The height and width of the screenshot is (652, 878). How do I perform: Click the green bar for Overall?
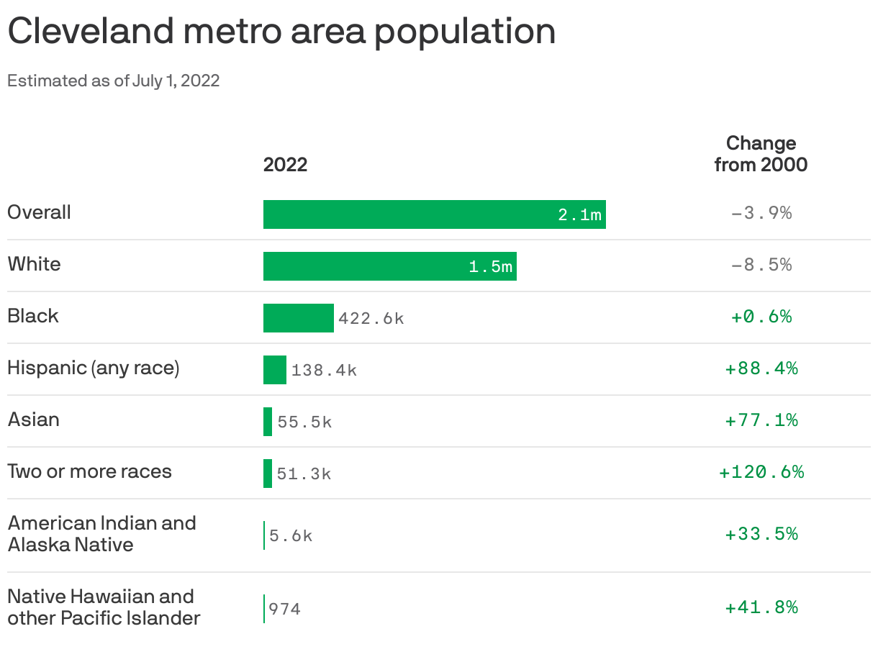click(410, 214)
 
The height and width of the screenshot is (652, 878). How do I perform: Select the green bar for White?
click(367, 266)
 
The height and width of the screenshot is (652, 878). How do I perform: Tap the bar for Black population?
click(298, 318)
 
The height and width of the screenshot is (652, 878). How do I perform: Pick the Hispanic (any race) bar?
click(274, 370)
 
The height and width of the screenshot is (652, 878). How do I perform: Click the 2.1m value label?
click(579, 214)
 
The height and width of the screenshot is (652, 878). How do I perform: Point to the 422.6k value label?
click(371, 318)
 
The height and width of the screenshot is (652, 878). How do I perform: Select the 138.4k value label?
click(324, 370)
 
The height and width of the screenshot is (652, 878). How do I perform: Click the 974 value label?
click(284, 609)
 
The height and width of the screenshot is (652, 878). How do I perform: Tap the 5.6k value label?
click(291, 535)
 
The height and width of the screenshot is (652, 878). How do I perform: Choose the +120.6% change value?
click(761, 472)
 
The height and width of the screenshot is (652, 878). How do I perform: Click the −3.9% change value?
click(761, 213)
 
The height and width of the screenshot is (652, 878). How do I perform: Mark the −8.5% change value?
click(761, 265)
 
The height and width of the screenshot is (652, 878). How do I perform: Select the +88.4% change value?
click(761, 368)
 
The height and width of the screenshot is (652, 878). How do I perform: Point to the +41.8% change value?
click(761, 607)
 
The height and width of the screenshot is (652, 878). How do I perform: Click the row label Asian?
click(34, 420)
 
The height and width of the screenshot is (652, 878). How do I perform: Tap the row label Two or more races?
click(90, 471)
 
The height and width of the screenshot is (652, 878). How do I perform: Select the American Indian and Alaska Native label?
click(101, 533)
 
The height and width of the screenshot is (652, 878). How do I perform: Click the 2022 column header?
click(285, 165)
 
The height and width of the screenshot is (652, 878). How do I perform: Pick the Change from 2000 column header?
click(761, 153)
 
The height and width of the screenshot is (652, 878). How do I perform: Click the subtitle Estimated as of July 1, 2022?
click(113, 81)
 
